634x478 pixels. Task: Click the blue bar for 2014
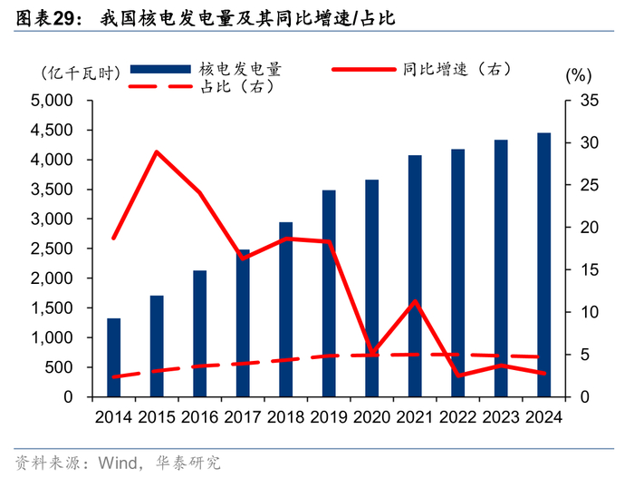113,357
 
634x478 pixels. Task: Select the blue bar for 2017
243,323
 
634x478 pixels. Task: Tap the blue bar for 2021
415,276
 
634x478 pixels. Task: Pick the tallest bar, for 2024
543,265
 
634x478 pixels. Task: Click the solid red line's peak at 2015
157,151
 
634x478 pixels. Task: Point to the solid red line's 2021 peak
415,301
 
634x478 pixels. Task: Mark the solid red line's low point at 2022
458,376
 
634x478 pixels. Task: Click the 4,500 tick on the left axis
52,130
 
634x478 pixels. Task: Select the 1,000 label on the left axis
52,337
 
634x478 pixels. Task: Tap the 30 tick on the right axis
589,142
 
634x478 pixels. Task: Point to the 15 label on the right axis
589,269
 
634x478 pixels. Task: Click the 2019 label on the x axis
329,417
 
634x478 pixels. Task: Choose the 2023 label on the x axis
501,417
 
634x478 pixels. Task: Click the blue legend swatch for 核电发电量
160,69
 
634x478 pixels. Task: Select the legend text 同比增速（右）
457,69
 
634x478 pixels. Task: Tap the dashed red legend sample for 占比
160,86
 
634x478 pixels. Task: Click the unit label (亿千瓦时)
81,73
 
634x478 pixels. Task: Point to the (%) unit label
578,75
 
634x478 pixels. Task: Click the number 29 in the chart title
64,18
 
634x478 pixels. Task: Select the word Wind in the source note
118,463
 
